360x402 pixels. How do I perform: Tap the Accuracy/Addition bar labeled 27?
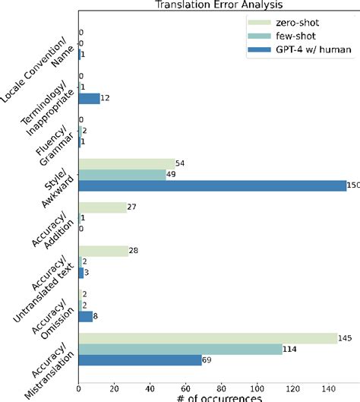pyautogui.click(x=103, y=207)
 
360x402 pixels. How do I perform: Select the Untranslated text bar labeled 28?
pyautogui.click(x=103, y=251)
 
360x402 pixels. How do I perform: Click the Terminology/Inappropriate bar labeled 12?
pyautogui.click(x=89, y=99)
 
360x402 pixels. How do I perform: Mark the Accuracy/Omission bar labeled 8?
pyautogui.click(x=86, y=316)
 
